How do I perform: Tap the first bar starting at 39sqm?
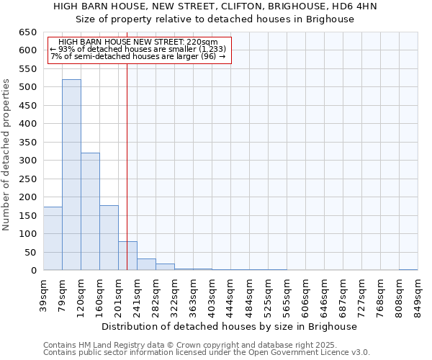click(x=53, y=238)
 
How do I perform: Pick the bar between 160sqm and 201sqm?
click(x=109, y=238)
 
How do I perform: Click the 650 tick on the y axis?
click(x=28, y=32)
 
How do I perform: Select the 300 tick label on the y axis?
click(x=28, y=161)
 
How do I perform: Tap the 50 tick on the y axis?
click(x=31, y=253)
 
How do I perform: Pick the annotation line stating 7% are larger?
click(x=138, y=57)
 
